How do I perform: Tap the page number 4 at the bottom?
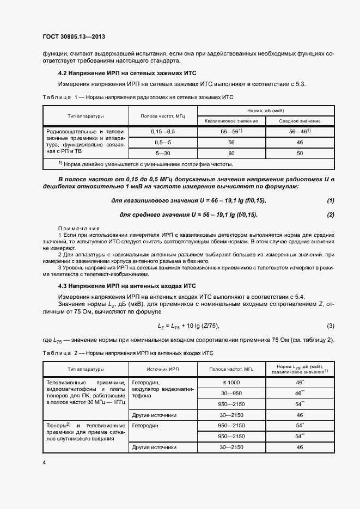click(44, 463)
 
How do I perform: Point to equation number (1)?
click(330, 201)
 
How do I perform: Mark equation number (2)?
click(330, 214)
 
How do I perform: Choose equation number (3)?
click(330, 326)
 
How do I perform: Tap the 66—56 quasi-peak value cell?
click(231, 131)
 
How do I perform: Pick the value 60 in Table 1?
click(231, 153)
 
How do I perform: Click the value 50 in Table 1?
click(300, 153)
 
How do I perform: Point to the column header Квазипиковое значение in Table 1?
click(231, 120)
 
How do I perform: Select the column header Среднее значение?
click(300, 120)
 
